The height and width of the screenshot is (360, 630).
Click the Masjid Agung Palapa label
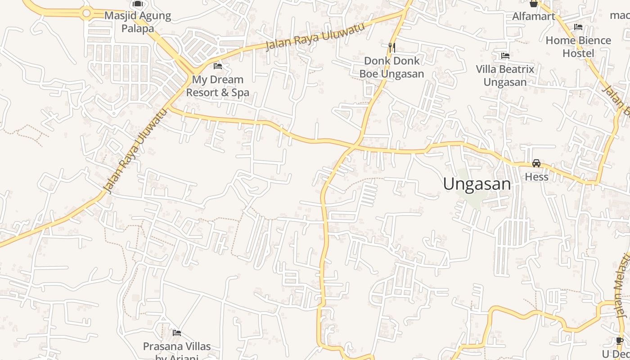coord(138,22)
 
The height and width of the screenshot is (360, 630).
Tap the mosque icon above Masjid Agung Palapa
coord(138,4)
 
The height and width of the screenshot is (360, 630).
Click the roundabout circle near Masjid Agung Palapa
coord(86,13)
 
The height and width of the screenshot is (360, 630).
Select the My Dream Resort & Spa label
coord(218,86)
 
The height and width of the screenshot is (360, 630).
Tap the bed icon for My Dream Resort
coord(218,66)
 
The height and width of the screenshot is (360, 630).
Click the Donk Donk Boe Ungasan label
coord(391,67)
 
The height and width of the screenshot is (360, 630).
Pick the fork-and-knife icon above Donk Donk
coord(391,47)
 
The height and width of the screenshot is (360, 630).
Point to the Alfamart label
coord(534,17)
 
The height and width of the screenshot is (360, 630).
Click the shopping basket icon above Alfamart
coord(534,4)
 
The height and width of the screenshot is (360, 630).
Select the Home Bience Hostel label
coord(578,47)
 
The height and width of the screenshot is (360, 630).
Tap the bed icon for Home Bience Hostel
coord(578,27)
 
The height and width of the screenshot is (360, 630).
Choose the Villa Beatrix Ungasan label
coord(505,76)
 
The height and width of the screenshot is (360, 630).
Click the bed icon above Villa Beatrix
coord(505,56)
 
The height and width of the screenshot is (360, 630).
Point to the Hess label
coord(536,177)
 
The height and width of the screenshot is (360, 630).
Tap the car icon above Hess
coord(536,163)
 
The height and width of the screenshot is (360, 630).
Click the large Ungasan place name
coord(477,184)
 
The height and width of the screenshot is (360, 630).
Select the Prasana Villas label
coord(177,346)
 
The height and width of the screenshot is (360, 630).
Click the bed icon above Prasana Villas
coord(177,333)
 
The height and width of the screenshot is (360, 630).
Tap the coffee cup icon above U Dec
coord(620,341)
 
